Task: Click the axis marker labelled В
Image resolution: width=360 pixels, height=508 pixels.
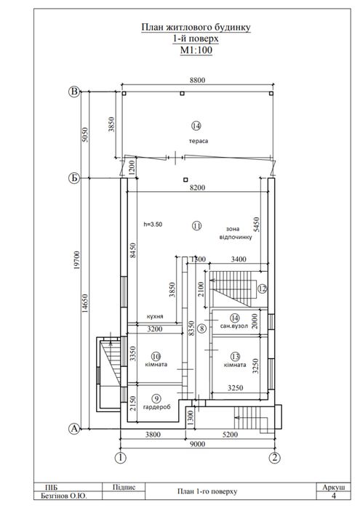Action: coord(75,92)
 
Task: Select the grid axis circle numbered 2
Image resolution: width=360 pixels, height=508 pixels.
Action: coord(275,458)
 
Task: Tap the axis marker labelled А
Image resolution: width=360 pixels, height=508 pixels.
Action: coord(74,429)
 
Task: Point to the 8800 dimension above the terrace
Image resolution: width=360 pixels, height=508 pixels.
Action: coord(198,80)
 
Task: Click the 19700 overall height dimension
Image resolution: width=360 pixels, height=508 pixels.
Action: coord(77,260)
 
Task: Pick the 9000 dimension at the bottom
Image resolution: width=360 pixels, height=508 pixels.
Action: coord(198,444)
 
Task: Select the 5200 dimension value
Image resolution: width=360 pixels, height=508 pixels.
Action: coord(230,434)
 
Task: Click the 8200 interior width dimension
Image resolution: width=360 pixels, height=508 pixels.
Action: coord(198,188)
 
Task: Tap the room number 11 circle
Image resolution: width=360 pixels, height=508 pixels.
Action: coord(197,225)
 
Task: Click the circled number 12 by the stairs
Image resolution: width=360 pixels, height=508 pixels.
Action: coord(262,289)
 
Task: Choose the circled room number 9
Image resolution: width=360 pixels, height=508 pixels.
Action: coord(156,398)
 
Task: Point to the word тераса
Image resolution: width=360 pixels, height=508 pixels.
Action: coord(199,141)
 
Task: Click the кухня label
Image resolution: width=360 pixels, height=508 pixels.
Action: coord(155,317)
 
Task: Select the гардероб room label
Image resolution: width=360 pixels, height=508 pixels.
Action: coord(156,407)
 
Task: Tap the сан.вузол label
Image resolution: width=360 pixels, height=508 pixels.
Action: coord(234,326)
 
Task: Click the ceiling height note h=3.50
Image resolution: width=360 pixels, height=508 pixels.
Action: coord(153,224)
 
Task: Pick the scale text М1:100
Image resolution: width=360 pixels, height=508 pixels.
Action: coord(196,50)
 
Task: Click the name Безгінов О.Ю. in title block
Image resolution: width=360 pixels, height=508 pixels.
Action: coord(64,496)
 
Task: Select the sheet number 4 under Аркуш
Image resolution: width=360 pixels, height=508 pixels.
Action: coord(334,496)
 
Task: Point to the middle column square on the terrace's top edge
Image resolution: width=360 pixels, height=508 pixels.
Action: coord(182,93)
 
